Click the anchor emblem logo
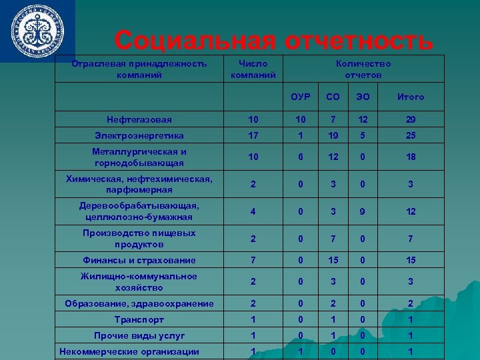tap(37, 31)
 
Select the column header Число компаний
tap(253, 69)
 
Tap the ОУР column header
tap(301, 97)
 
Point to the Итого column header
tap(411, 97)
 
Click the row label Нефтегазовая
tap(139, 120)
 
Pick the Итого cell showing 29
tap(411, 120)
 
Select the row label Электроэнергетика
tap(139, 135)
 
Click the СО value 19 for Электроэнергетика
tap(333, 135)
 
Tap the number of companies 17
tap(253, 135)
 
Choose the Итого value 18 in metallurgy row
tap(411, 157)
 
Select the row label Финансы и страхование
tap(139, 261)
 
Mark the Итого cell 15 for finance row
tap(411, 261)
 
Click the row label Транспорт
tap(139, 319)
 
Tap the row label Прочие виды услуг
tap(139, 335)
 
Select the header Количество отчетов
tap(363, 69)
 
